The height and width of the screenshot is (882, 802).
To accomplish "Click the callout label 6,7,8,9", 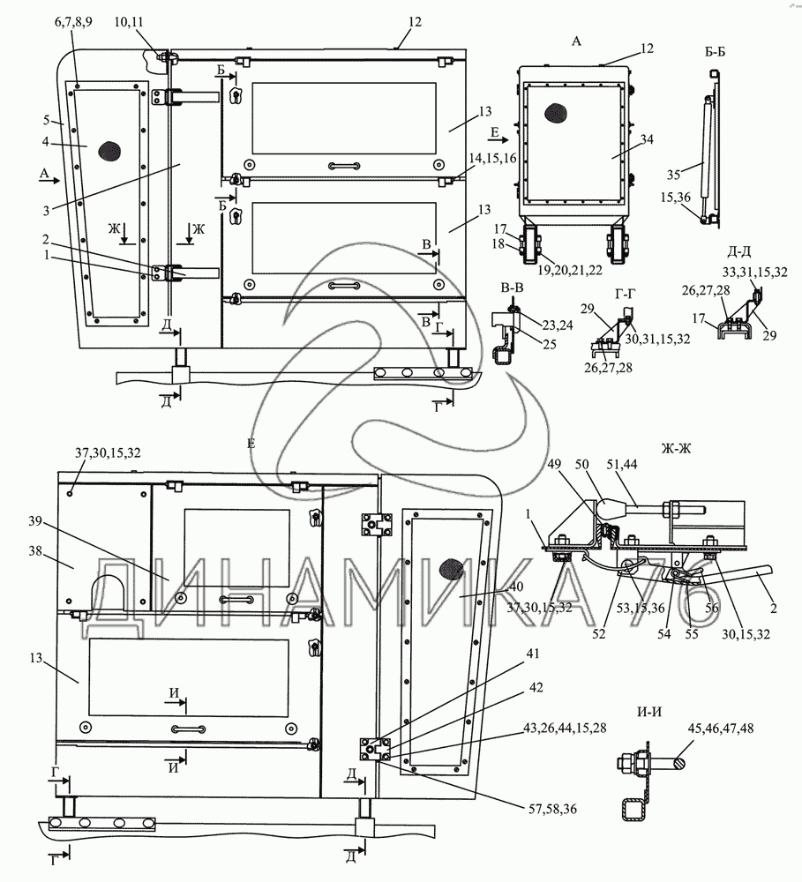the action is pyautogui.click(x=73, y=22).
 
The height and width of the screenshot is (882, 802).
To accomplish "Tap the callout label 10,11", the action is pyautogui.click(x=129, y=22).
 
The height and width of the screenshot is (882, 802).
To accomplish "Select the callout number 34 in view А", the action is pyautogui.click(x=647, y=139).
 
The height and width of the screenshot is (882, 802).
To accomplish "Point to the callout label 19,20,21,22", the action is pyautogui.click(x=570, y=270).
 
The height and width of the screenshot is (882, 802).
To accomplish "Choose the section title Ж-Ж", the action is pyautogui.click(x=677, y=448).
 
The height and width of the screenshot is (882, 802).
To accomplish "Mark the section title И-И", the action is pyautogui.click(x=648, y=712).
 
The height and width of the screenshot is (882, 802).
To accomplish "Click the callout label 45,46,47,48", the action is pyautogui.click(x=721, y=729).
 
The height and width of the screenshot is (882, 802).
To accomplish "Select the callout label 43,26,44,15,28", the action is pyautogui.click(x=565, y=728).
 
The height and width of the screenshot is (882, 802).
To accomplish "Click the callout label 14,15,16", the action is pyautogui.click(x=492, y=159).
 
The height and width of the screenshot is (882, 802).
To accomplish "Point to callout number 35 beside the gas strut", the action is pyautogui.click(x=674, y=175).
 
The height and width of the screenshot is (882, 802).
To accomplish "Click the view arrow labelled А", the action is pyautogui.click(x=49, y=180).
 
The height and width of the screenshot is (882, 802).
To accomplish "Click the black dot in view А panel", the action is pyautogui.click(x=556, y=114).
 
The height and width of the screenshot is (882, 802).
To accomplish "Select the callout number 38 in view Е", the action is pyautogui.click(x=35, y=551).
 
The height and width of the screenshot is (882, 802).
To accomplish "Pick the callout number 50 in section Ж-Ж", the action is pyautogui.click(x=581, y=465).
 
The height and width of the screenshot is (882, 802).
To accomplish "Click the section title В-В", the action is pyautogui.click(x=512, y=288).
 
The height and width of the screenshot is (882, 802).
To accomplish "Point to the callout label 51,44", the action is pyautogui.click(x=622, y=465).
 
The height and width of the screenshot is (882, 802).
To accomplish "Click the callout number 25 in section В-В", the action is pyautogui.click(x=550, y=344).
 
